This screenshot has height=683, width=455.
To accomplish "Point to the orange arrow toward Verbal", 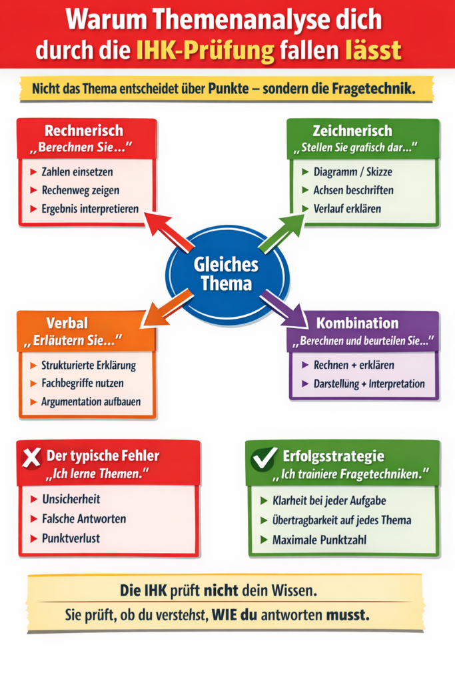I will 164,308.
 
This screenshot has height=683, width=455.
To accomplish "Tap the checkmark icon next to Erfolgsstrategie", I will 264,458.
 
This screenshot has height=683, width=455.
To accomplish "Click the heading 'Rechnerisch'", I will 83,130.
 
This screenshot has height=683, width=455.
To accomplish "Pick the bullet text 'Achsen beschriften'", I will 353,190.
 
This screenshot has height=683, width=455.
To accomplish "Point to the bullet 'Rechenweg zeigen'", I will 80,190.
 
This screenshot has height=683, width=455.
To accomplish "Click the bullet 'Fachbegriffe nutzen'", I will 82,384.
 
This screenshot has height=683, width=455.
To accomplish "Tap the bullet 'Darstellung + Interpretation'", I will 368,384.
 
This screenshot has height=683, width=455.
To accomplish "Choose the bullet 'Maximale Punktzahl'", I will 320,539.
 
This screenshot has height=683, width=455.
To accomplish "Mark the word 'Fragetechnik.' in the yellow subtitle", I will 376,89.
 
